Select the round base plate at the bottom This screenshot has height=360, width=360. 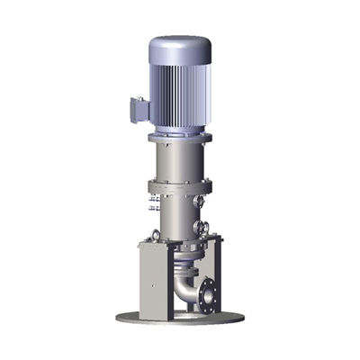point(180,317)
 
